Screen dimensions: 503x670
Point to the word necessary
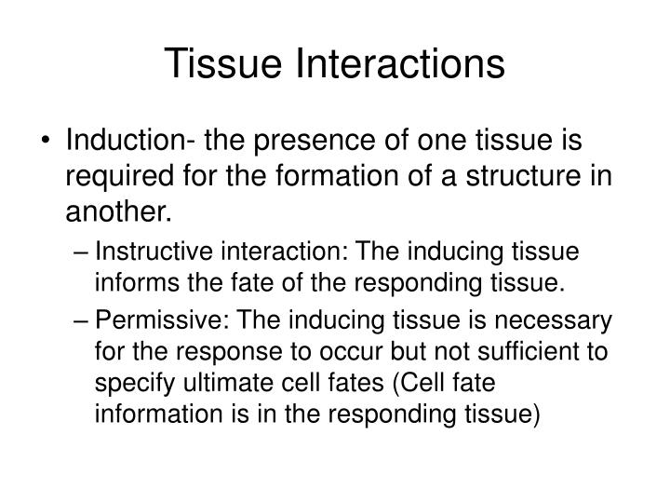coord(564,321)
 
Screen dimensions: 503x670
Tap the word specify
coord(127,383)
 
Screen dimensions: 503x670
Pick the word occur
coord(346,352)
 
